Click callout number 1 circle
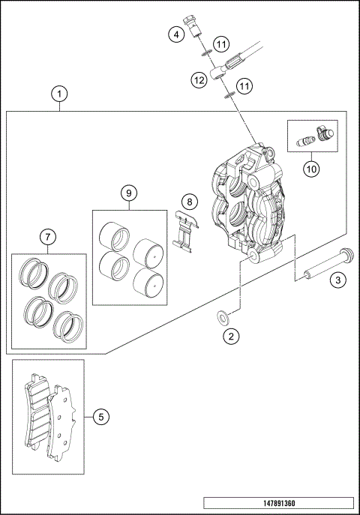click(x=60, y=94)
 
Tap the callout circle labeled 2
click(x=232, y=337)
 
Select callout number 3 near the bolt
click(x=339, y=280)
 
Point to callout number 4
click(x=175, y=34)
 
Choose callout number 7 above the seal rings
click(x=47, y=238)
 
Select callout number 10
click(x=311, y=168)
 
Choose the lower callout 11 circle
click(x=244, y=88)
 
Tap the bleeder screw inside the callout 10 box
click(x=305, y=141)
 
